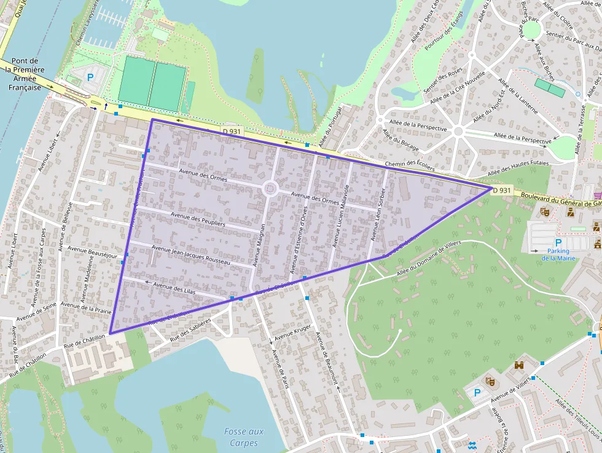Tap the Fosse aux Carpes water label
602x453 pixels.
(x=244, y=437)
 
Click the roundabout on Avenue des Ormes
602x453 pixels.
(x=270, y=189)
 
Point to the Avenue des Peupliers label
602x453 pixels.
(x=198, y=220)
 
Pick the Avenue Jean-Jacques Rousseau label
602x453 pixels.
(x=190, y=254)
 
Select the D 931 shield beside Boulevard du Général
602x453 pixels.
(x=502, y=190)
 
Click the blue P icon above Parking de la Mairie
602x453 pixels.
(x=558, y=243)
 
